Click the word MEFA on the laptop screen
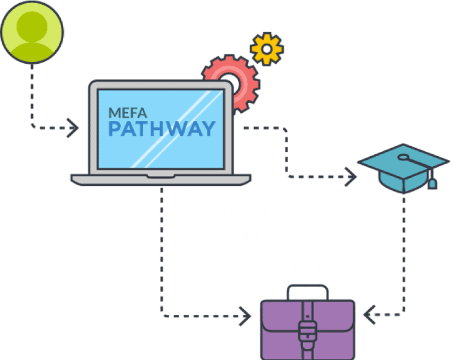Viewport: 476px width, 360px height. (x=129, y=113)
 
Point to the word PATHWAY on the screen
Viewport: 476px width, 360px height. (x=161, y=128)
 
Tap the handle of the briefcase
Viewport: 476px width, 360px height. (x=307, y=291)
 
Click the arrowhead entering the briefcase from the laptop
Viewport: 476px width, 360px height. (x=246, y=317)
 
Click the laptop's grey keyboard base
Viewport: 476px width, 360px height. (x=161, y=180)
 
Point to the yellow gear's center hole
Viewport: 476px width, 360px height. (x=267, y=48)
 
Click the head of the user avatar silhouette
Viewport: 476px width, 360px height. (x=33, y=25)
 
